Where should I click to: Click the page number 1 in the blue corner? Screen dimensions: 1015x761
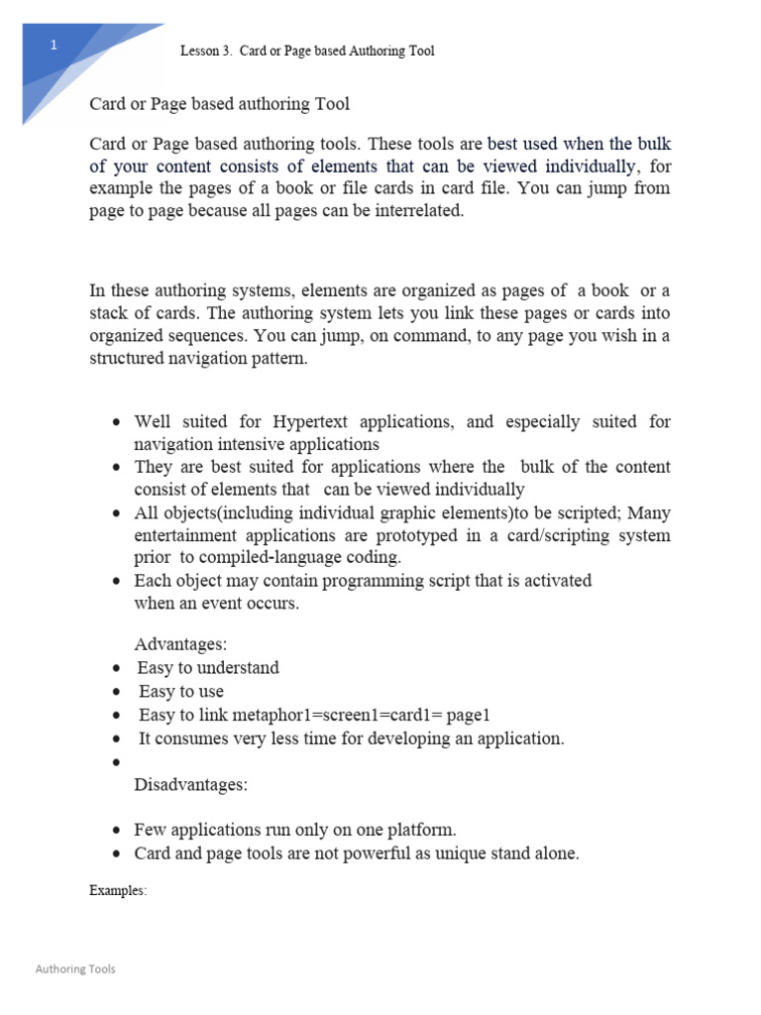(54, 46)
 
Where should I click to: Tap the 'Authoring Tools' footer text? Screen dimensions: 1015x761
(75, 968)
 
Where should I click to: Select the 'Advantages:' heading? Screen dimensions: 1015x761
(180, 644)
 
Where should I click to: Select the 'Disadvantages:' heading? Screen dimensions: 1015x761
(191, 785)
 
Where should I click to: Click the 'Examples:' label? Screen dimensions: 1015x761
(118, 890)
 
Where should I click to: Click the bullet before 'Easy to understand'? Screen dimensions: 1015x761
(117, 668)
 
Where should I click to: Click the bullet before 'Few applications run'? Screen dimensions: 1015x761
(117, 831)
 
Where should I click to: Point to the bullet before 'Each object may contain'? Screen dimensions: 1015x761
(117, 581)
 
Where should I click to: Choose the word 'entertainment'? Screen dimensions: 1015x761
(185, 535)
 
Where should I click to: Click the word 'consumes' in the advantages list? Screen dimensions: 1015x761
(191, 738)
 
